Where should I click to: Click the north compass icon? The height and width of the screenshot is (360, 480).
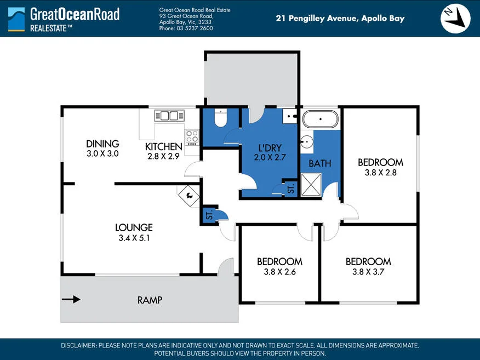pos(455,19)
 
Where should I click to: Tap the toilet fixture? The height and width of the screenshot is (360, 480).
pos(220,118)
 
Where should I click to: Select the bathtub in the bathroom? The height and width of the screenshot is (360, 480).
pos(320,119)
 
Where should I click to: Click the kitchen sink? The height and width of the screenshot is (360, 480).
pos(169,116)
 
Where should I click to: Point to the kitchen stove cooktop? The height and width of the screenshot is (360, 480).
pos(192,138)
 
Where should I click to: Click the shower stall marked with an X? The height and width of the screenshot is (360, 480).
pos(311,185)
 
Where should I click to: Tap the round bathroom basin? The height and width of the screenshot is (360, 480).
pos(306,142)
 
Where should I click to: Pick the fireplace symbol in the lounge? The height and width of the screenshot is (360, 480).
pos(189,196)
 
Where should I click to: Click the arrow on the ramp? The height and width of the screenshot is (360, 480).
pos(71,299)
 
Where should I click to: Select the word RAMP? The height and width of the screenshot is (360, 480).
pos(150,300)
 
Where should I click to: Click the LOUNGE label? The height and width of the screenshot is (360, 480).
pos(134,227)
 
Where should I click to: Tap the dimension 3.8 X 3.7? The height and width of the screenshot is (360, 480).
pos(368,272)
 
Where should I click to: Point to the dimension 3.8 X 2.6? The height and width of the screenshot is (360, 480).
pos(280,272)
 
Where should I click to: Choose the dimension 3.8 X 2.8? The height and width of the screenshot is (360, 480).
pos(380,173)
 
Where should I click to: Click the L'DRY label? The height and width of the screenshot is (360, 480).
pos(270,148)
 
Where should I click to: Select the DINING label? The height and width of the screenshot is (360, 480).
pos(102,144)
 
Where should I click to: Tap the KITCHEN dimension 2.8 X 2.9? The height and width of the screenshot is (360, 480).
pos(163,156)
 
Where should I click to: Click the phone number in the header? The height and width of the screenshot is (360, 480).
pos(186,28)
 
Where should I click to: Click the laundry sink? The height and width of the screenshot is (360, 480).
pos(289,116)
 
